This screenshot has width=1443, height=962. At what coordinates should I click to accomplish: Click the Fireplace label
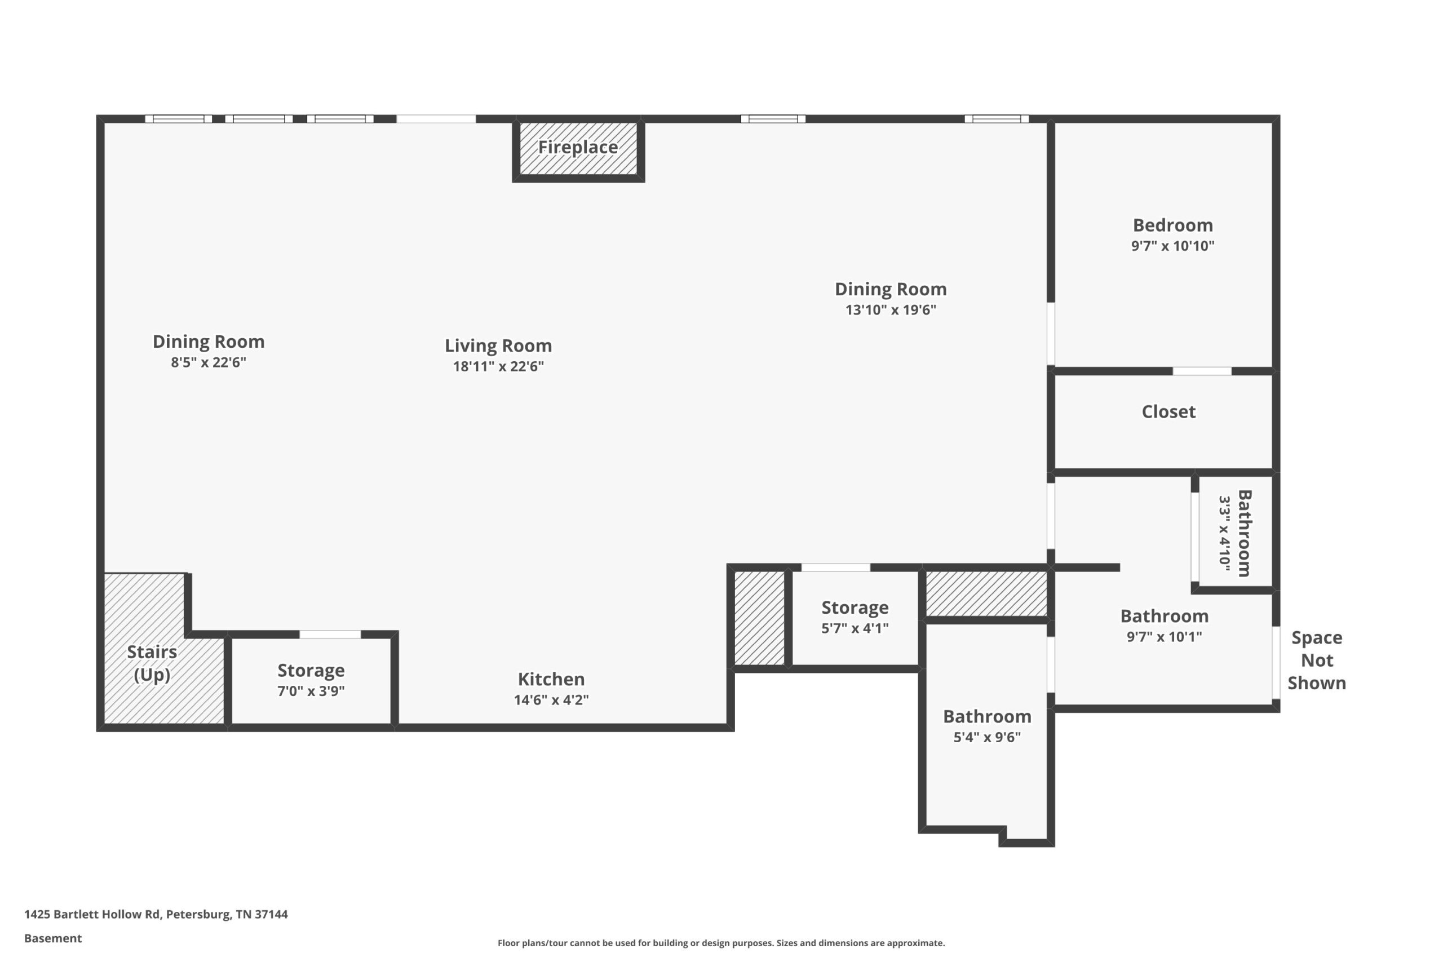pyautogui.click(x=578, y=147)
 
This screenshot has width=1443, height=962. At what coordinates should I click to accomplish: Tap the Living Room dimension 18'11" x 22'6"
pyautogui.click(x=498, y=366)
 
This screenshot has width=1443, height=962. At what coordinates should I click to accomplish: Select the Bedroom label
pyautogui.click(x=1172, y=225)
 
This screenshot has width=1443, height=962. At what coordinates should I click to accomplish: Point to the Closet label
pyautogui.click(x=1168, y=411)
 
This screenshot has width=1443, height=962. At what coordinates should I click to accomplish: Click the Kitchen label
pyautogui.click(x=551, y=679)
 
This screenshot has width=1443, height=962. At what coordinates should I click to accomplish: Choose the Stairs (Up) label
pyautogui.click(x=152, y=663)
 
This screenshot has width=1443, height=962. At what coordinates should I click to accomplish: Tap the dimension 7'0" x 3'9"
pyautogui.click(x=311, y=691)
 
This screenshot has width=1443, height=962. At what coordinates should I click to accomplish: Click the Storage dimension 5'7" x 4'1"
pyautogui.click(x=855, y=628)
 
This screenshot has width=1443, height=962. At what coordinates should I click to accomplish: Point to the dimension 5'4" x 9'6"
pyautogui.click(x=986, y=737)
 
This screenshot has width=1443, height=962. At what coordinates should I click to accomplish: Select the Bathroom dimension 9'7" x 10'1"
pyautogui.click(x=1164, y=636)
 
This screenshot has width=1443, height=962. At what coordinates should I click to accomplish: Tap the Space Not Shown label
pyautogui.click(x=1317, y=660)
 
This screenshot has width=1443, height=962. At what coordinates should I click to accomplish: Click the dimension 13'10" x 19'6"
pyautogui.click(x=890, y=309)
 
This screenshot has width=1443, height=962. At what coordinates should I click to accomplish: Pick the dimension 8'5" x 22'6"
pyautogui.click(x=208, y=362)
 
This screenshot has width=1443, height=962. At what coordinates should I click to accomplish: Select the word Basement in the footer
pyautogui.click(x=53, y=938)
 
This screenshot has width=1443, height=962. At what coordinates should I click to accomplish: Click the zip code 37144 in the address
pyautogui.click(x=271, y=914)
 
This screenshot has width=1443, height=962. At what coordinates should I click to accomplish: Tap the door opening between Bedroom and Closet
pyautogui.click(x=1202, y=371)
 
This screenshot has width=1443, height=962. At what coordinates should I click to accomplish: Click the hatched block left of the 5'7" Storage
pyautogui.click(x=759, y=618)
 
